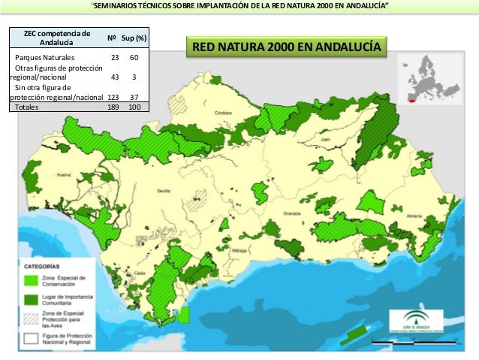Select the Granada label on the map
pos(292,213)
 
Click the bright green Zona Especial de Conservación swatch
pos(31,280)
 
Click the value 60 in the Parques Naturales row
pos(134,57)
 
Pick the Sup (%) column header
pos(134,38)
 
